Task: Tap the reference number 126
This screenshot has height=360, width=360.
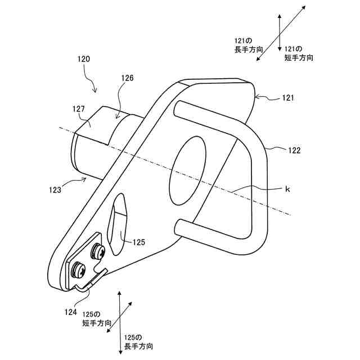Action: pyautogui.click(x=127, y=79)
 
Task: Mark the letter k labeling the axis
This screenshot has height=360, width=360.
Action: pyautogui.click(x=287, y=190)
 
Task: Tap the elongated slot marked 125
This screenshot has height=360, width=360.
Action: pyautogui.click(x=120, y=224)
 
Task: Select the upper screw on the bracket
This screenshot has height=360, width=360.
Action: pyautogui.click(x=98, y=251)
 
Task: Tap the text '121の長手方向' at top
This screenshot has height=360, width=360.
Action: pyautogui.click(x=245, y=45)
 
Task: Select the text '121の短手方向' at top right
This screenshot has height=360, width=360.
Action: pyautogui.click(x=299, y=53)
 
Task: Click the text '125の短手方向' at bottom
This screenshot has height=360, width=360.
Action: pyautogui.click(x=97, y=318)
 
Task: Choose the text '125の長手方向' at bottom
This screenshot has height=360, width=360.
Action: pyautogui.click(x=137, y=341)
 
